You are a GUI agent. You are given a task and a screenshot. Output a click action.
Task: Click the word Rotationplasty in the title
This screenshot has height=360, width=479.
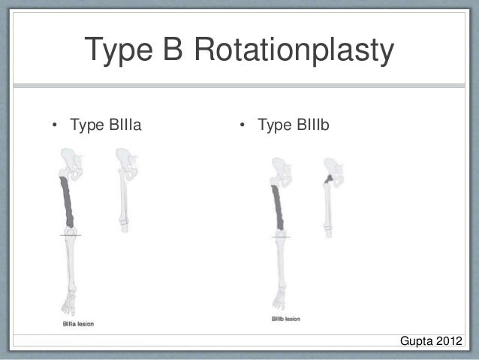pyautogui.click(x=294, y=52)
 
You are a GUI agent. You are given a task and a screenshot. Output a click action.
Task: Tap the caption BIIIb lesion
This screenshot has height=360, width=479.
pyautogui.click(x=287, y=319)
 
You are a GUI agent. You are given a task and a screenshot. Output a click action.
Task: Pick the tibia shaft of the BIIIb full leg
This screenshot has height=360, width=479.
pyautogui.click(x=279, y=263)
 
